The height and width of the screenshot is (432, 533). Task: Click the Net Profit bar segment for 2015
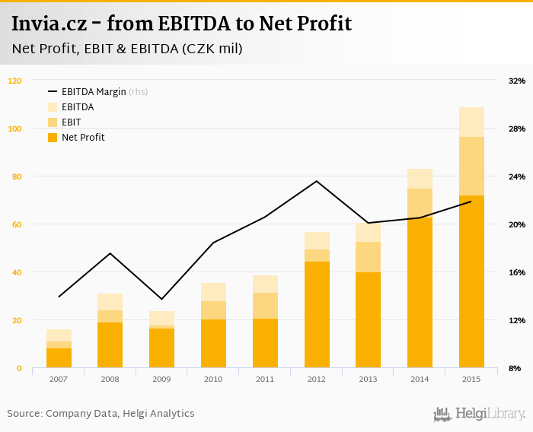pos(471,281)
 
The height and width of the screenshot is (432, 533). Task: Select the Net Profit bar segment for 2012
pos(317,315)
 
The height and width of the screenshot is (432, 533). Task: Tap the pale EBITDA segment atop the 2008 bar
pos(110,302)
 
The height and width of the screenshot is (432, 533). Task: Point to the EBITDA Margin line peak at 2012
pos(317,181)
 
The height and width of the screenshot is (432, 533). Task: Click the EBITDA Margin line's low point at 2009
pos(161,299)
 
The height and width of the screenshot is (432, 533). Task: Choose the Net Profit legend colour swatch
pos(53,138)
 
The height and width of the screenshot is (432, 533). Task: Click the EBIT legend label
pos(72,122)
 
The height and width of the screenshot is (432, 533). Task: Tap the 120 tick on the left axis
pos(15,81)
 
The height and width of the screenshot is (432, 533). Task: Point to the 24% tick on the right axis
pos(516,176)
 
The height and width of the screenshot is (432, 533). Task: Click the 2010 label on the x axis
pos(213,378)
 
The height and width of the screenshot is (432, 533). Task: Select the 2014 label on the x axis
pos(420,378)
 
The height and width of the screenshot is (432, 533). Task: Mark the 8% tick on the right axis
pos(515,368)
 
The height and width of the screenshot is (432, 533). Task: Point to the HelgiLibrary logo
pos(479,415)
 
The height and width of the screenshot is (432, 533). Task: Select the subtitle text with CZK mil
pos(127,49)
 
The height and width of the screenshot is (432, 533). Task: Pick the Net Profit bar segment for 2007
pos(59,358)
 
